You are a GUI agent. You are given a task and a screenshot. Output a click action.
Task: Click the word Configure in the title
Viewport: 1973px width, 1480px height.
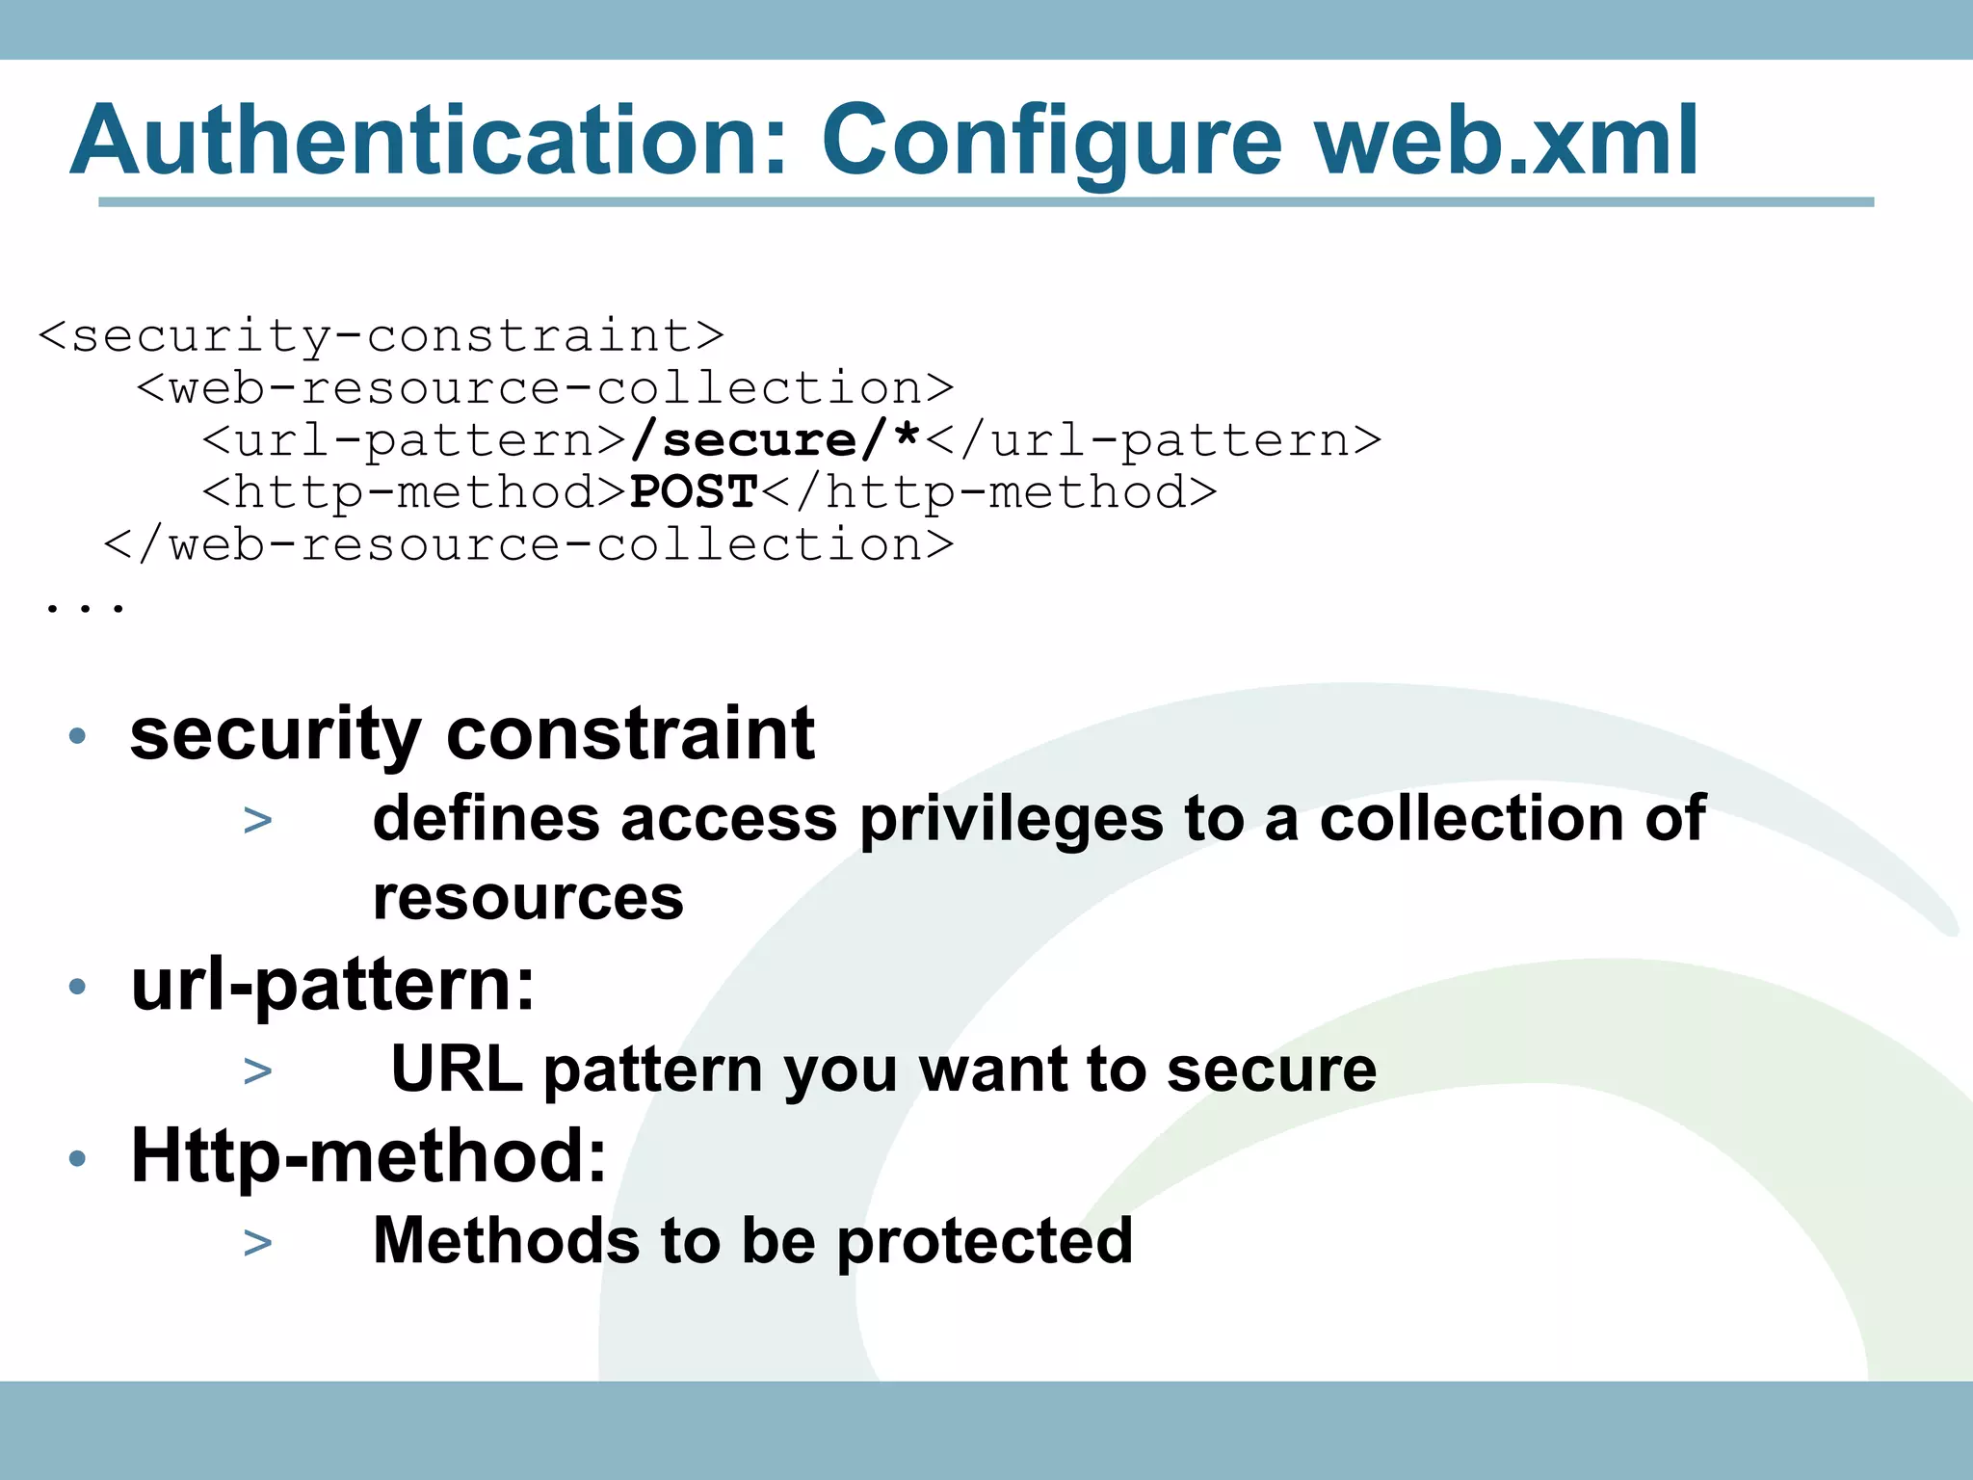[x=1051, y=143]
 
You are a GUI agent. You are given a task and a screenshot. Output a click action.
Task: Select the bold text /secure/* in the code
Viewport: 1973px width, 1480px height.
[x=776, y=440]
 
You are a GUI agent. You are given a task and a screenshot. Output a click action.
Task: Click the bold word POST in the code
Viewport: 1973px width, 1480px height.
[x=694, y=492]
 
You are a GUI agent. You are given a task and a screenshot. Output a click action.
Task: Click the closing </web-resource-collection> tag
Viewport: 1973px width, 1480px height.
[x=529, y=545]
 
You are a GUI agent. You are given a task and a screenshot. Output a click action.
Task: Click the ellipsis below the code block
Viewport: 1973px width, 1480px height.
[x=85, y=606]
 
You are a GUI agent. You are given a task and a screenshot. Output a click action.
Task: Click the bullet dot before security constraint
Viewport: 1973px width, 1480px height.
[x=78, y=737]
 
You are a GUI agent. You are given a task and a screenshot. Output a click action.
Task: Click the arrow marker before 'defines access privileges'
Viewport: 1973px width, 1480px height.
[x=258, y=821]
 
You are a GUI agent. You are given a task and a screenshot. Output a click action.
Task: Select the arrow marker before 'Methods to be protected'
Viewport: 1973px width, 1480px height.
[x=258, y=1242]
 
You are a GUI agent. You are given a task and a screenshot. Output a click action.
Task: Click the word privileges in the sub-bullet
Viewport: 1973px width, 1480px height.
[x=1012, y=821]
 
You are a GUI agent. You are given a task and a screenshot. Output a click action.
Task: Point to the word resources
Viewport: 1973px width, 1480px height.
[x=528, y=898]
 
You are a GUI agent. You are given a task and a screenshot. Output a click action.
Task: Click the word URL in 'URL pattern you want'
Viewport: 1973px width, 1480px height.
[x=457, y=1070]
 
